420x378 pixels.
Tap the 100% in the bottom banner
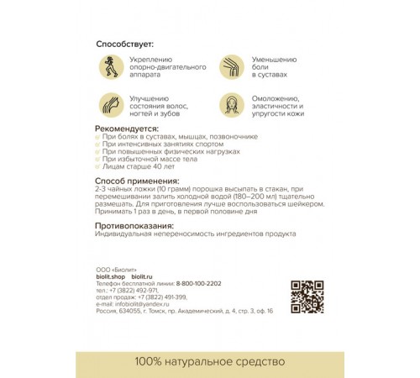(150, 362)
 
